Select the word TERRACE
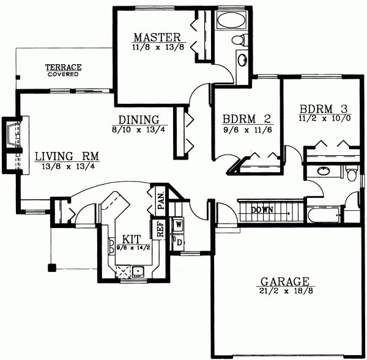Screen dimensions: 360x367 click(64, 67)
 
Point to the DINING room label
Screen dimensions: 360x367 click(139, 120)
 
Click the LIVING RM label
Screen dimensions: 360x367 click(60, 155)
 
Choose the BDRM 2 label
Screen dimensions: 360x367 click(247, 119)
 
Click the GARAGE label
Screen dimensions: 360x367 click(285, 282)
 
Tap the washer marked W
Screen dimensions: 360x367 click(178, 224)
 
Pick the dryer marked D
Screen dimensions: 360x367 click(178, 242)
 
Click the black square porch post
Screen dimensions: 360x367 click(51, 266)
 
